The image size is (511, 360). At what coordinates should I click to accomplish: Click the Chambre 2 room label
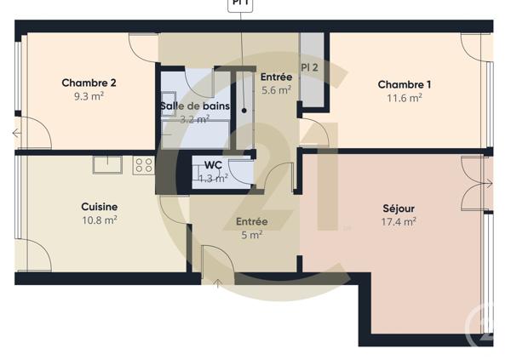click(89, 83)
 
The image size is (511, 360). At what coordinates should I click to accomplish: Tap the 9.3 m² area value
click(89, 98)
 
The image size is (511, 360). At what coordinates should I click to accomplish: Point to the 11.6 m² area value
click(405, 98)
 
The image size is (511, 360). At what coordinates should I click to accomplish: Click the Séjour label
click(399, 208)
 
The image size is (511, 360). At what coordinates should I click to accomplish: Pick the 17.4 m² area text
click(399, 222)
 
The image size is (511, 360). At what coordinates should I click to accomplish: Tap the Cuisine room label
click(99, 207)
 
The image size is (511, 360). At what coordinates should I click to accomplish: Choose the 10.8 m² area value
click(99, 220)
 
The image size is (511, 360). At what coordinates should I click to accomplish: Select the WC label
click(213, 165)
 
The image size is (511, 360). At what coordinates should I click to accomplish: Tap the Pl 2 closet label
click(310, 66)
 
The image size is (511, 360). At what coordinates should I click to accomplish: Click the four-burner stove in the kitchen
click(143, 165)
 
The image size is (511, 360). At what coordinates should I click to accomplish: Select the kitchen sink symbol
click(108, 164)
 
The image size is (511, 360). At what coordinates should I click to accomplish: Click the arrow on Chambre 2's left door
click(17, 133)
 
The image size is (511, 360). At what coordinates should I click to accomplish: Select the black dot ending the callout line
click(244, 110)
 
